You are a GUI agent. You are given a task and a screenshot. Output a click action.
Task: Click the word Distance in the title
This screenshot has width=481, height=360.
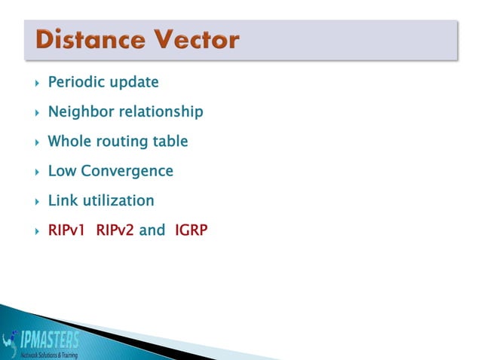[90, 40]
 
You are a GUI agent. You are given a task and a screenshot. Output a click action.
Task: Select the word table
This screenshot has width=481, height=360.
[170, 142]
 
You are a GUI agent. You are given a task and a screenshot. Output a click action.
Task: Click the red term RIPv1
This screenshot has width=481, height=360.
[67, 230]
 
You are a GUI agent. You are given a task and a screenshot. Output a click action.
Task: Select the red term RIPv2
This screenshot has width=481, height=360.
[115, 230]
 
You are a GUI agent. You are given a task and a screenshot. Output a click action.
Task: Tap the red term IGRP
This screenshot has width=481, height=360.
[190, 230]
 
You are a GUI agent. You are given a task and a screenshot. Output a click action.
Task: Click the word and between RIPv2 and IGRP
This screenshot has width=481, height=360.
[152, 230]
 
